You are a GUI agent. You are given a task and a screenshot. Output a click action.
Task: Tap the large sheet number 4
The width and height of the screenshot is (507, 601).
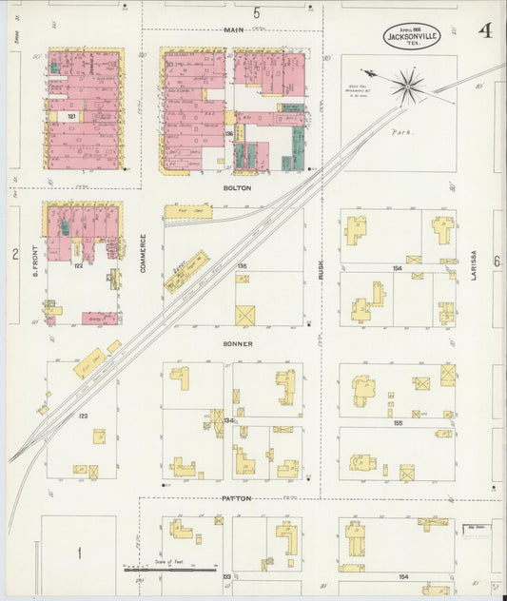[x=485, y=31]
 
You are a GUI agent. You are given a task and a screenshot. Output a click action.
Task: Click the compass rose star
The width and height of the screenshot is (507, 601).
[x=409, y=87]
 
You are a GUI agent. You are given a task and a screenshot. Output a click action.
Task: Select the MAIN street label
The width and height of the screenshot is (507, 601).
[x=233, y=29]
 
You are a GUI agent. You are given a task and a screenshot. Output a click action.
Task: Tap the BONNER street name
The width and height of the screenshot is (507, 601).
[x=238, y=343]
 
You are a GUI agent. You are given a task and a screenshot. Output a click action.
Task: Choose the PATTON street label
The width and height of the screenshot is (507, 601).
[x=237, y=498]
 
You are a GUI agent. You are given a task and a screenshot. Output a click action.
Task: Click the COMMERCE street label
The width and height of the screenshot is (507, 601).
[x=144, y=254]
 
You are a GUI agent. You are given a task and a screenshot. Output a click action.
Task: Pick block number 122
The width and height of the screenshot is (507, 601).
[x=77, y=265]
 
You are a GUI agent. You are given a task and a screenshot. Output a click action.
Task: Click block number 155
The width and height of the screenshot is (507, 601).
[x=398, y=421]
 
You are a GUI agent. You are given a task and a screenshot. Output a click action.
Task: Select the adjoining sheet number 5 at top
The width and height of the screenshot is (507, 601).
[x=256, y=12]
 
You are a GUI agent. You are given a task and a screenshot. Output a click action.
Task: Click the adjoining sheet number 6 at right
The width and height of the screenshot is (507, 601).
[x=497, y=260]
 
